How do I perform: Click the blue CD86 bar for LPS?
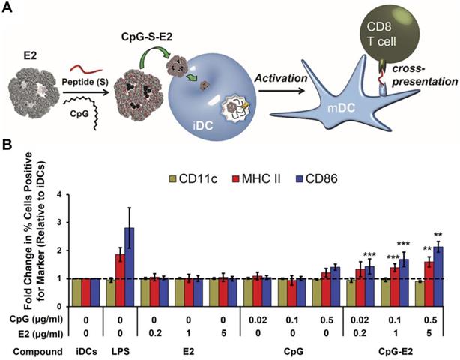click(x=129, y=258)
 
